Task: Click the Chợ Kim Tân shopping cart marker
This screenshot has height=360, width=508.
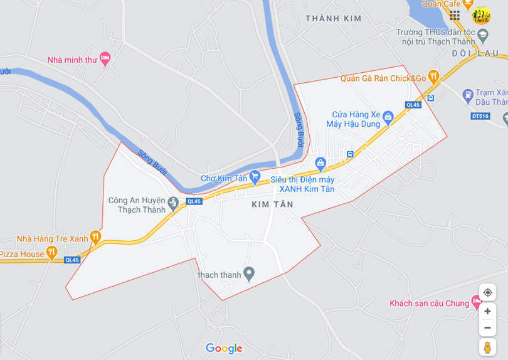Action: (255, 177)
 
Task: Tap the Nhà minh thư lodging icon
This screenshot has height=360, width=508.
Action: (105, 59)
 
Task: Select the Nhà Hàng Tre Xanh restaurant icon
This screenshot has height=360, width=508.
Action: (95, 237)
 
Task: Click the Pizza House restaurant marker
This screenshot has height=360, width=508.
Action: (51, 253)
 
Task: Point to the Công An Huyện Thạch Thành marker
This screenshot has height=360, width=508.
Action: (173, 201)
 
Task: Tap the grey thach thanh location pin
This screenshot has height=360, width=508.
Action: (249, 273)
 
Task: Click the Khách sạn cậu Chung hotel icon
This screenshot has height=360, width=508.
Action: (477, 302)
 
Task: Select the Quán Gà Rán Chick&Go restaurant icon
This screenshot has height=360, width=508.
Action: (433, 77)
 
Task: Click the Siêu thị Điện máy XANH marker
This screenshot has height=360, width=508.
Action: (320, 164)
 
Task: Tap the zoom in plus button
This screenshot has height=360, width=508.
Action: (487, 311)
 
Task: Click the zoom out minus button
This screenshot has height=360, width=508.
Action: (487, 327)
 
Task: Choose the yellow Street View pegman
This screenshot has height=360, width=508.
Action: (487, 347)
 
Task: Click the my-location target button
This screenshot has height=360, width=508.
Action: (487, 292)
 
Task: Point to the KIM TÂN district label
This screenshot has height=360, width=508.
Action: (272, 204)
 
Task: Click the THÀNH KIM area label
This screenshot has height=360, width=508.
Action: (334, 19)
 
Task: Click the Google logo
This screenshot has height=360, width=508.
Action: (224, 349)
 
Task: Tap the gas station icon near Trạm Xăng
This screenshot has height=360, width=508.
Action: (467, 95)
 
